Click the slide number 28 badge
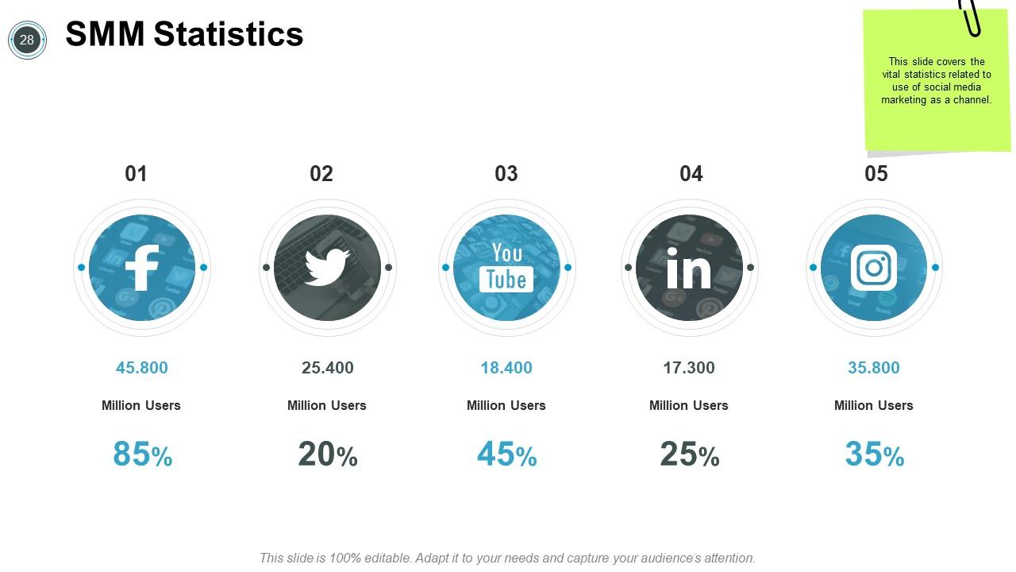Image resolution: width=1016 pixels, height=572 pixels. coord(27,40)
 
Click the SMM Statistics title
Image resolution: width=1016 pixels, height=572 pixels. coord(184,34)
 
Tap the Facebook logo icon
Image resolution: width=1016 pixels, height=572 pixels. coord(142,268)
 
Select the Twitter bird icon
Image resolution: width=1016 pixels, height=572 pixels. coord(327,268)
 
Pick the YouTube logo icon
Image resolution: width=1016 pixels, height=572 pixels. coord(506,268)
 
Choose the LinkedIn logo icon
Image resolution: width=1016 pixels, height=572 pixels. coord(689,268)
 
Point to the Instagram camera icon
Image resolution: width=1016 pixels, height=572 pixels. coord(874,268)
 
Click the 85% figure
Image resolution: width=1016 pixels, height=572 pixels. coord(143,454)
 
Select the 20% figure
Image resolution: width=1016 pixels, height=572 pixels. coord(328,454)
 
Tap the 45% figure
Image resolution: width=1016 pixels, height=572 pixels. coord(507,454)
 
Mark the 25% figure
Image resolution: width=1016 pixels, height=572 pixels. coord(689,454)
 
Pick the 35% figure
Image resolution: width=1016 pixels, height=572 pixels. coord(875,454)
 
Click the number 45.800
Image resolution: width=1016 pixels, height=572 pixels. coord(142,368)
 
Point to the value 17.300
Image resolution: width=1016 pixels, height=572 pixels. coord(689,368)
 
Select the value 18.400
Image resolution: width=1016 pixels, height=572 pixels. coord(506,368)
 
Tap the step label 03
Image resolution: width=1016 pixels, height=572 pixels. coord(506,174)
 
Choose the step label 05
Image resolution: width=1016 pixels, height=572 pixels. coord(876,174)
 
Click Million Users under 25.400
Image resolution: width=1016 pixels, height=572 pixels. coord(327,405)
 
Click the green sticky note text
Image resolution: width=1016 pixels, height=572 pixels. coord(937,81)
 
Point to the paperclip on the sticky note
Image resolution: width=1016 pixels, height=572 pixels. coord(970,17)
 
